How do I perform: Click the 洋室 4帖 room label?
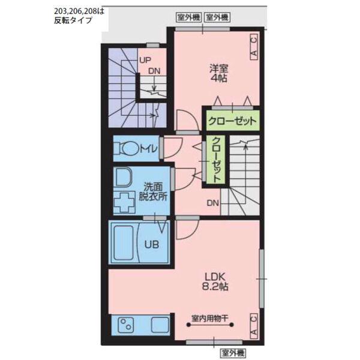(x=218, y=73)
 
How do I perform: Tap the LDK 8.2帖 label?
(x=215, y=281)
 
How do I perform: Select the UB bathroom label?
(x=152, y=245)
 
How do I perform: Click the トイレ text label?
(x=148, y=149)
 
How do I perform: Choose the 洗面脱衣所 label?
(x=152, y=191)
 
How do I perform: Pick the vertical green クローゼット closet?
(x=215, y=160)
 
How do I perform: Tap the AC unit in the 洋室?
(x=254, y=47)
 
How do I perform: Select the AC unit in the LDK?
(x=254, y=326)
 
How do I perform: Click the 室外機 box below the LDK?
(x=233, y=353)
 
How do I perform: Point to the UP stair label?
(x=145, y=61)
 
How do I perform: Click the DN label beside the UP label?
(x=154, y=71)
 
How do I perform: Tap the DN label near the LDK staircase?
(x=213, y=203)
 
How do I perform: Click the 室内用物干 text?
(x=209, y=318)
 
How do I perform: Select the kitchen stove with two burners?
(x=125, y=325)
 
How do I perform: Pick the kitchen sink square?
(x=160, y=325)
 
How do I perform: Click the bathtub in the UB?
(x=124, y=242)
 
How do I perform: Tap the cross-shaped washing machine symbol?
(x=124, y=203)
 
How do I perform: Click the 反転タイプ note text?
(x=73, y=20)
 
